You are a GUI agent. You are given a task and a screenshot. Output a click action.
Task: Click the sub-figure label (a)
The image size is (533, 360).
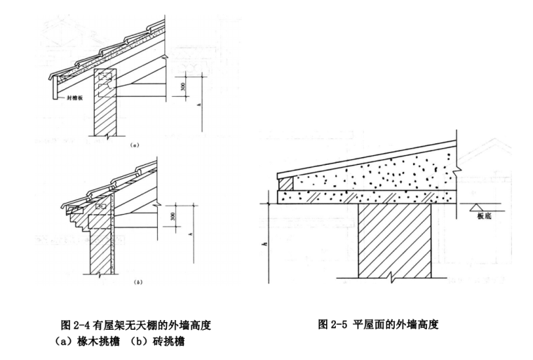[133, 145]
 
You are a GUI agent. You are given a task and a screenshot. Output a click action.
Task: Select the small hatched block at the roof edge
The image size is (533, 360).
[285, 182]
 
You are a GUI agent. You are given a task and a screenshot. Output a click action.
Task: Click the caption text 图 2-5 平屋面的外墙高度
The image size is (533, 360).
[378, 324]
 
